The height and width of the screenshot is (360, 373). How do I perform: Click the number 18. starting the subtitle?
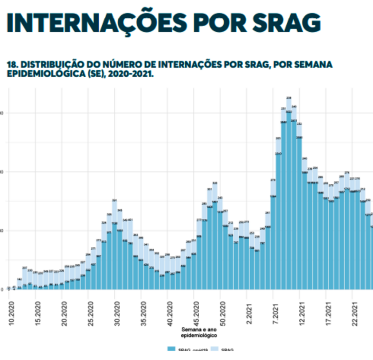(12, 65)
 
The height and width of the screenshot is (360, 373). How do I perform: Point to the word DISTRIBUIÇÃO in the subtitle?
(46, 65)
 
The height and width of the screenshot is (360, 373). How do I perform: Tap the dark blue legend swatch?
(171, 349)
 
